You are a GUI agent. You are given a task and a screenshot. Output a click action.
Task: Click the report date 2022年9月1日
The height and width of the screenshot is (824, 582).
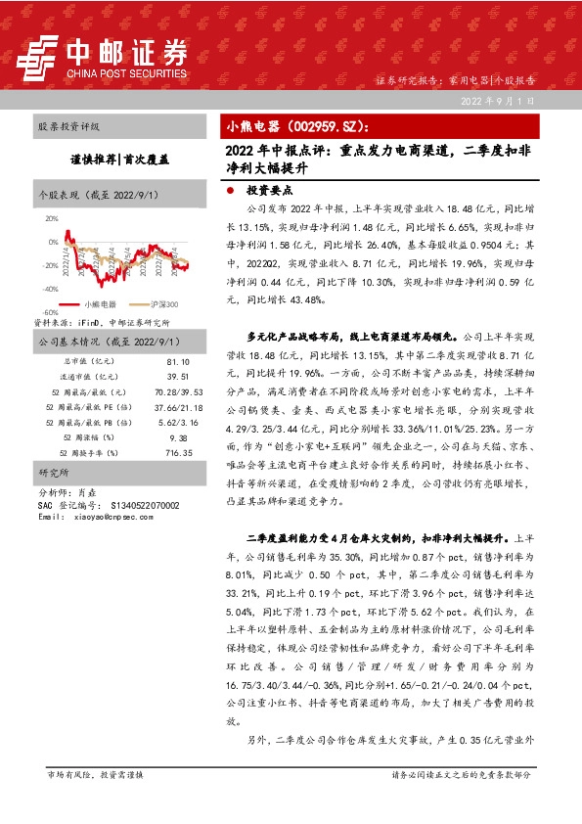(498, 101)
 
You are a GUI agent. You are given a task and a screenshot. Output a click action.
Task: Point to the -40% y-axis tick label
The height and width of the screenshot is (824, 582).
(51, 289)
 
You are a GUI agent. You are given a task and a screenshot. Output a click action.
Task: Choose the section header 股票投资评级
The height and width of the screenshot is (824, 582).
(68, 127)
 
